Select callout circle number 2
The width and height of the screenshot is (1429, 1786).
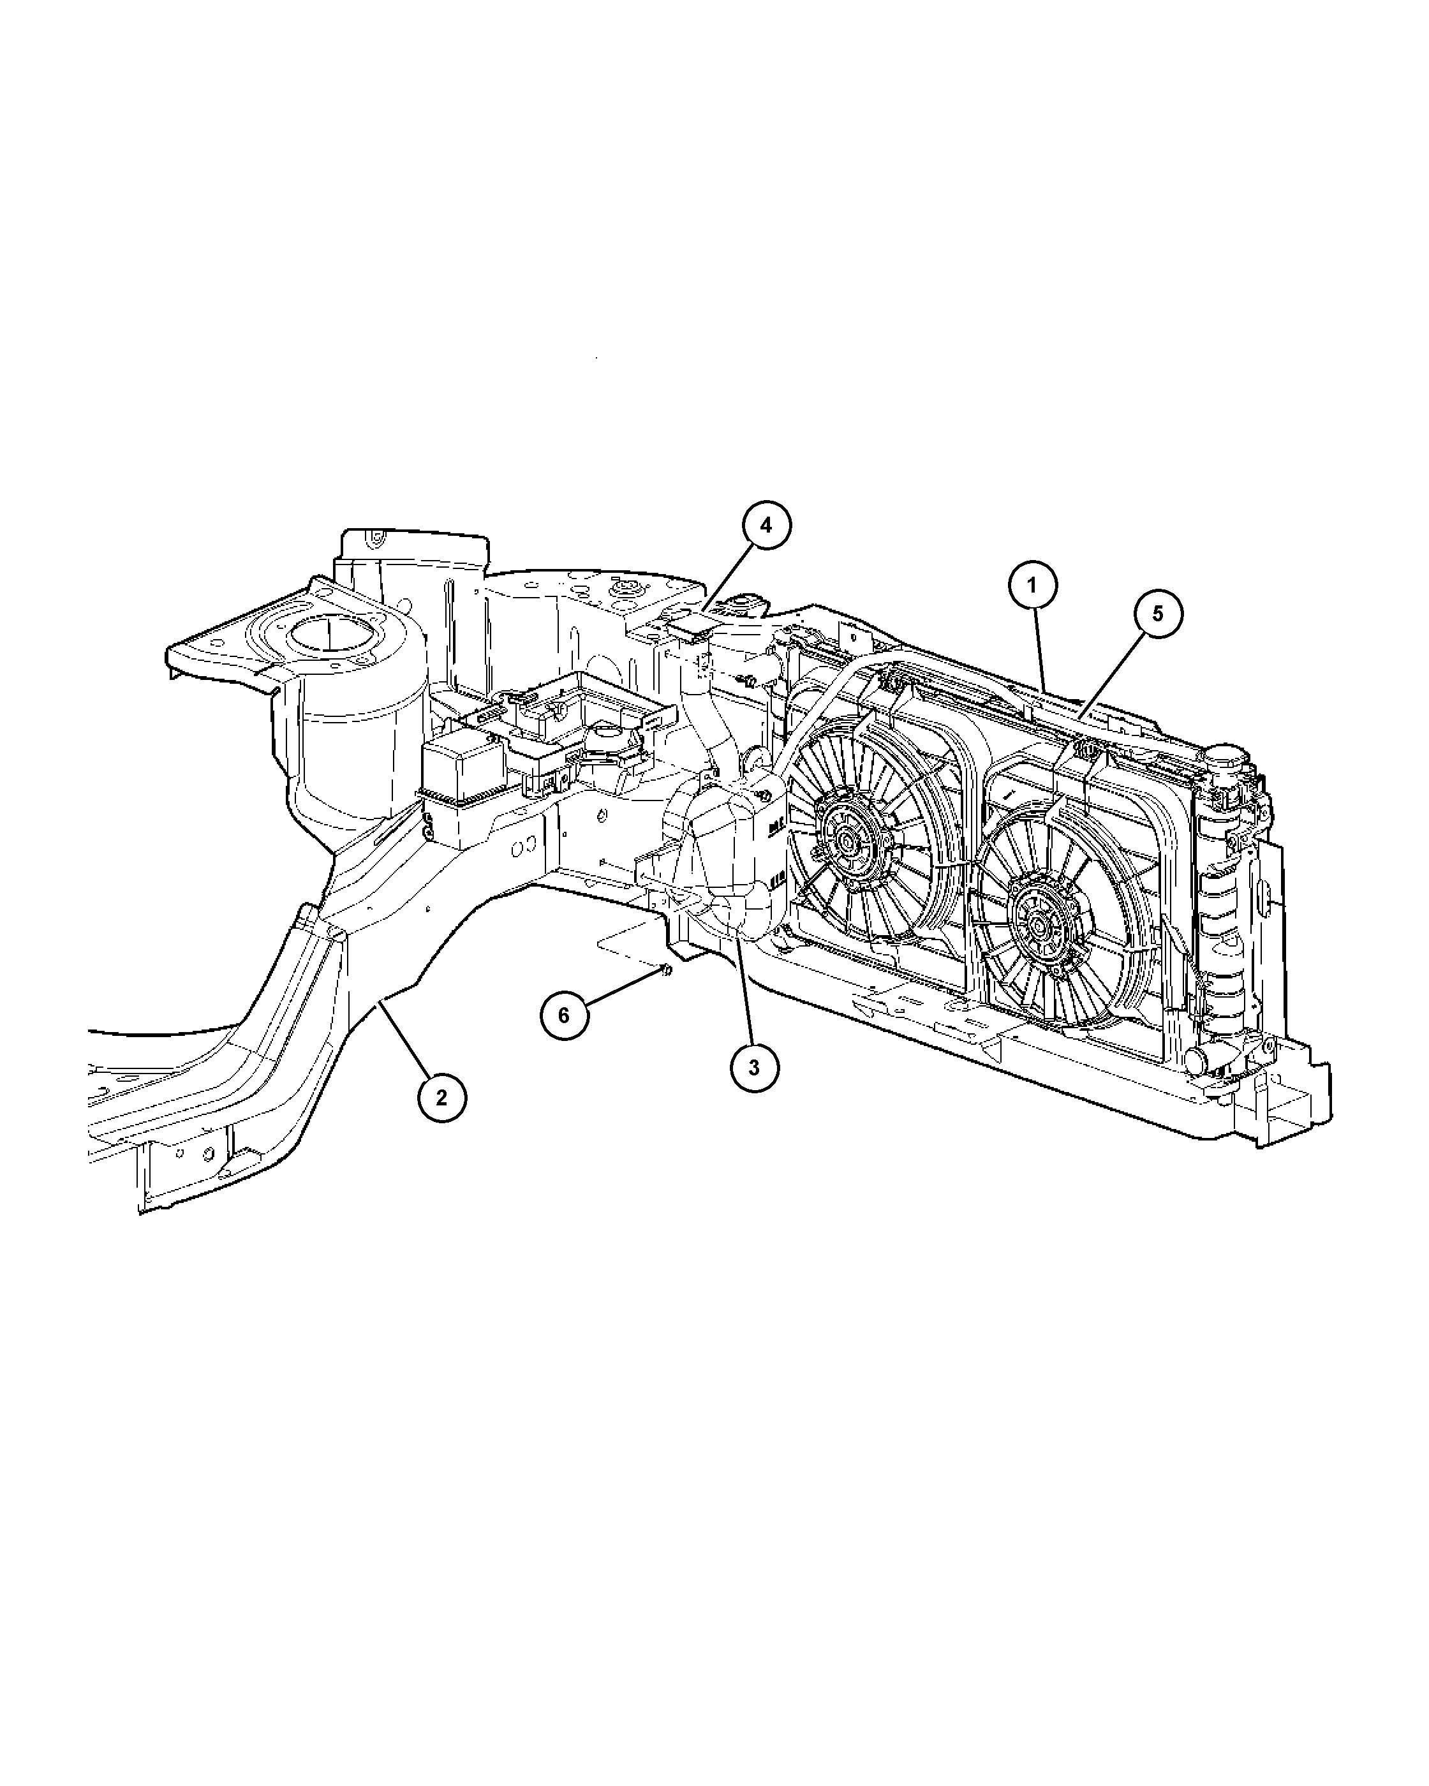[x=441, y=1098]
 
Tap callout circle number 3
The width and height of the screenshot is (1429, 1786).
[x=754, y=1068]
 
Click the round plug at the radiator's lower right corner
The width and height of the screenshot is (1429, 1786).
[x=1196, y=1059]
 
